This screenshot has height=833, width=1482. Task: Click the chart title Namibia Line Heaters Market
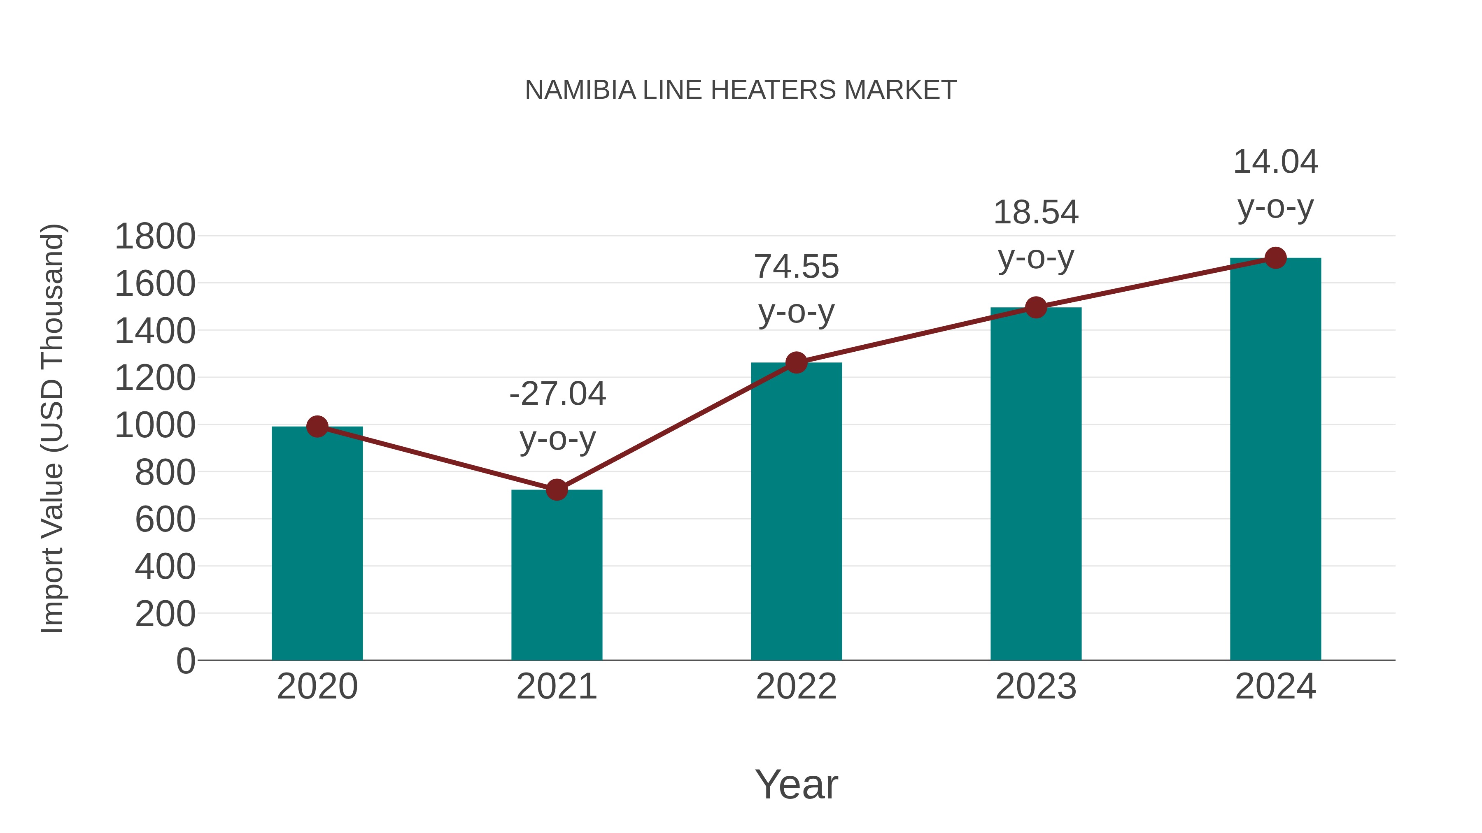(741, 90)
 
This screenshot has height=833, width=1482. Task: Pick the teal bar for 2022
(796, 512)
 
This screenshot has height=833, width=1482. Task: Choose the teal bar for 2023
(1036, 484)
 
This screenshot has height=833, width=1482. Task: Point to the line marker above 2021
(556, 490)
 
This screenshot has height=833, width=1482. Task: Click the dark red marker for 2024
(1275, 258)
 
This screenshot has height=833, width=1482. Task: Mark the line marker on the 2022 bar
(796, 363)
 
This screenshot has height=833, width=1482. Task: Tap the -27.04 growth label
(557, 394)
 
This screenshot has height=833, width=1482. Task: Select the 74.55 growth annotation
(796, 267)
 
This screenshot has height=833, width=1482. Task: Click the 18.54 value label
(1036, 213)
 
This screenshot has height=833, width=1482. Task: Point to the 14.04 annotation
(1275, 162)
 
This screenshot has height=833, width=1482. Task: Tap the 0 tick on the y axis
(185, 661)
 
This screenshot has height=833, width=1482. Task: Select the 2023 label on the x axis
(1036, 687)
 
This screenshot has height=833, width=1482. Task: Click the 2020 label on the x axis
(317, 687)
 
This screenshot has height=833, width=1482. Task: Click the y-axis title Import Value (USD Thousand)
(52, 428)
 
